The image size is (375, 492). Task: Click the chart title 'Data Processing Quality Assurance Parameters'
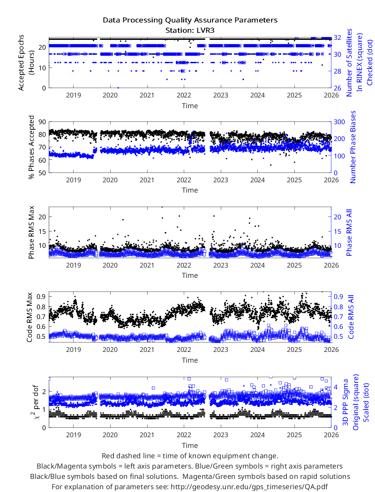coord(190,20)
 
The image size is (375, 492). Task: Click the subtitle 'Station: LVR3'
coord(190,30)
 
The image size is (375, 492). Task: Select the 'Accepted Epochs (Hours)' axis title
coord(26,63)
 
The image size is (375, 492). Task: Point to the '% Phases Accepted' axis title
coord(31,147)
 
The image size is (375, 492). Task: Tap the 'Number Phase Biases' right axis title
coord(353,147)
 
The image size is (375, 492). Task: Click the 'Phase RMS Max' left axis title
coord(31,232)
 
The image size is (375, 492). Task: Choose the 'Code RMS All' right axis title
coord(351,317)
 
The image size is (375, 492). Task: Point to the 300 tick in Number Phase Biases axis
coord(339,122)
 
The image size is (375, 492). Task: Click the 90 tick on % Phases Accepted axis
coord(42,122)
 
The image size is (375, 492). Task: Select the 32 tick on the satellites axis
coord(337,37)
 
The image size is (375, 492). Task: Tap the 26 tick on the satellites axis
coord(337,88)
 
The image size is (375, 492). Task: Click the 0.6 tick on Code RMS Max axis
coord(41,327)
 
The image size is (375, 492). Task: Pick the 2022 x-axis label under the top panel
coord(184,96)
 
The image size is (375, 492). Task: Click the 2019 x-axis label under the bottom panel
coord(74,435)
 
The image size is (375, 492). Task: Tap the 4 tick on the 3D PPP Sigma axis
coord(336,387)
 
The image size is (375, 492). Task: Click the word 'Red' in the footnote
coord(108,456)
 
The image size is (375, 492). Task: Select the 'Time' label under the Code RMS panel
coord(190,360)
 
